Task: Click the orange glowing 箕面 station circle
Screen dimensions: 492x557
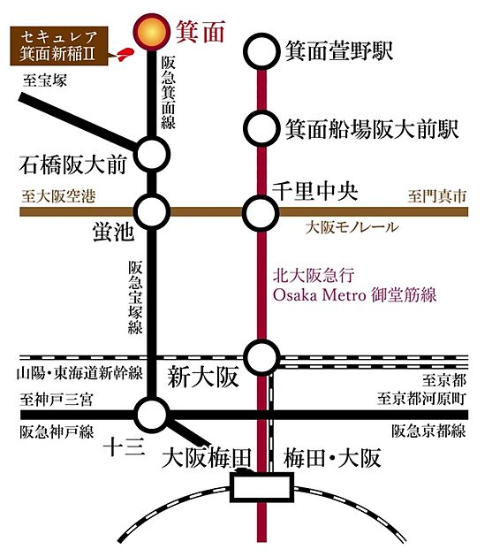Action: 152,32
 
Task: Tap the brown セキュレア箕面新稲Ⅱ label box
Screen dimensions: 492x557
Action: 59,46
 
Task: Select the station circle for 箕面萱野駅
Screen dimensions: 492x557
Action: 262,51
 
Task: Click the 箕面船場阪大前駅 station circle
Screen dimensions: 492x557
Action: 261,128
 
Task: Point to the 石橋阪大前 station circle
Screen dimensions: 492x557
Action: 152,155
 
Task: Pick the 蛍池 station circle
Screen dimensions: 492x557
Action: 153,211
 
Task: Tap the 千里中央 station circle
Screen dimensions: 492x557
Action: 261,213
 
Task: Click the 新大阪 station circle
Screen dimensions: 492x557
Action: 262,358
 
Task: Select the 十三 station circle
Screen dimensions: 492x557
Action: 153,415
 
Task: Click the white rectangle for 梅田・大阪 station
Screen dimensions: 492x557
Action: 262,487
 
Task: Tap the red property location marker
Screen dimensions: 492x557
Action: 125,55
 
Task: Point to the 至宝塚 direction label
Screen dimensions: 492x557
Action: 45,80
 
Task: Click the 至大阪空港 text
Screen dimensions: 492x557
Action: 58,196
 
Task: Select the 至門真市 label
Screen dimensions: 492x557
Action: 437,196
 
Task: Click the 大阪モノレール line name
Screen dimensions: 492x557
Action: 352,227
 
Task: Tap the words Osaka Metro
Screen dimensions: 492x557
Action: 320,295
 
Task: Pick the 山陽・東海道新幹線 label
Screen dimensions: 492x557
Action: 79,373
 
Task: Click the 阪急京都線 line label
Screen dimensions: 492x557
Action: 429,431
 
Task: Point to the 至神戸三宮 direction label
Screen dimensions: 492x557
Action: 57,400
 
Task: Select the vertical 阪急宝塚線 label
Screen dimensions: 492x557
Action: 135,297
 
